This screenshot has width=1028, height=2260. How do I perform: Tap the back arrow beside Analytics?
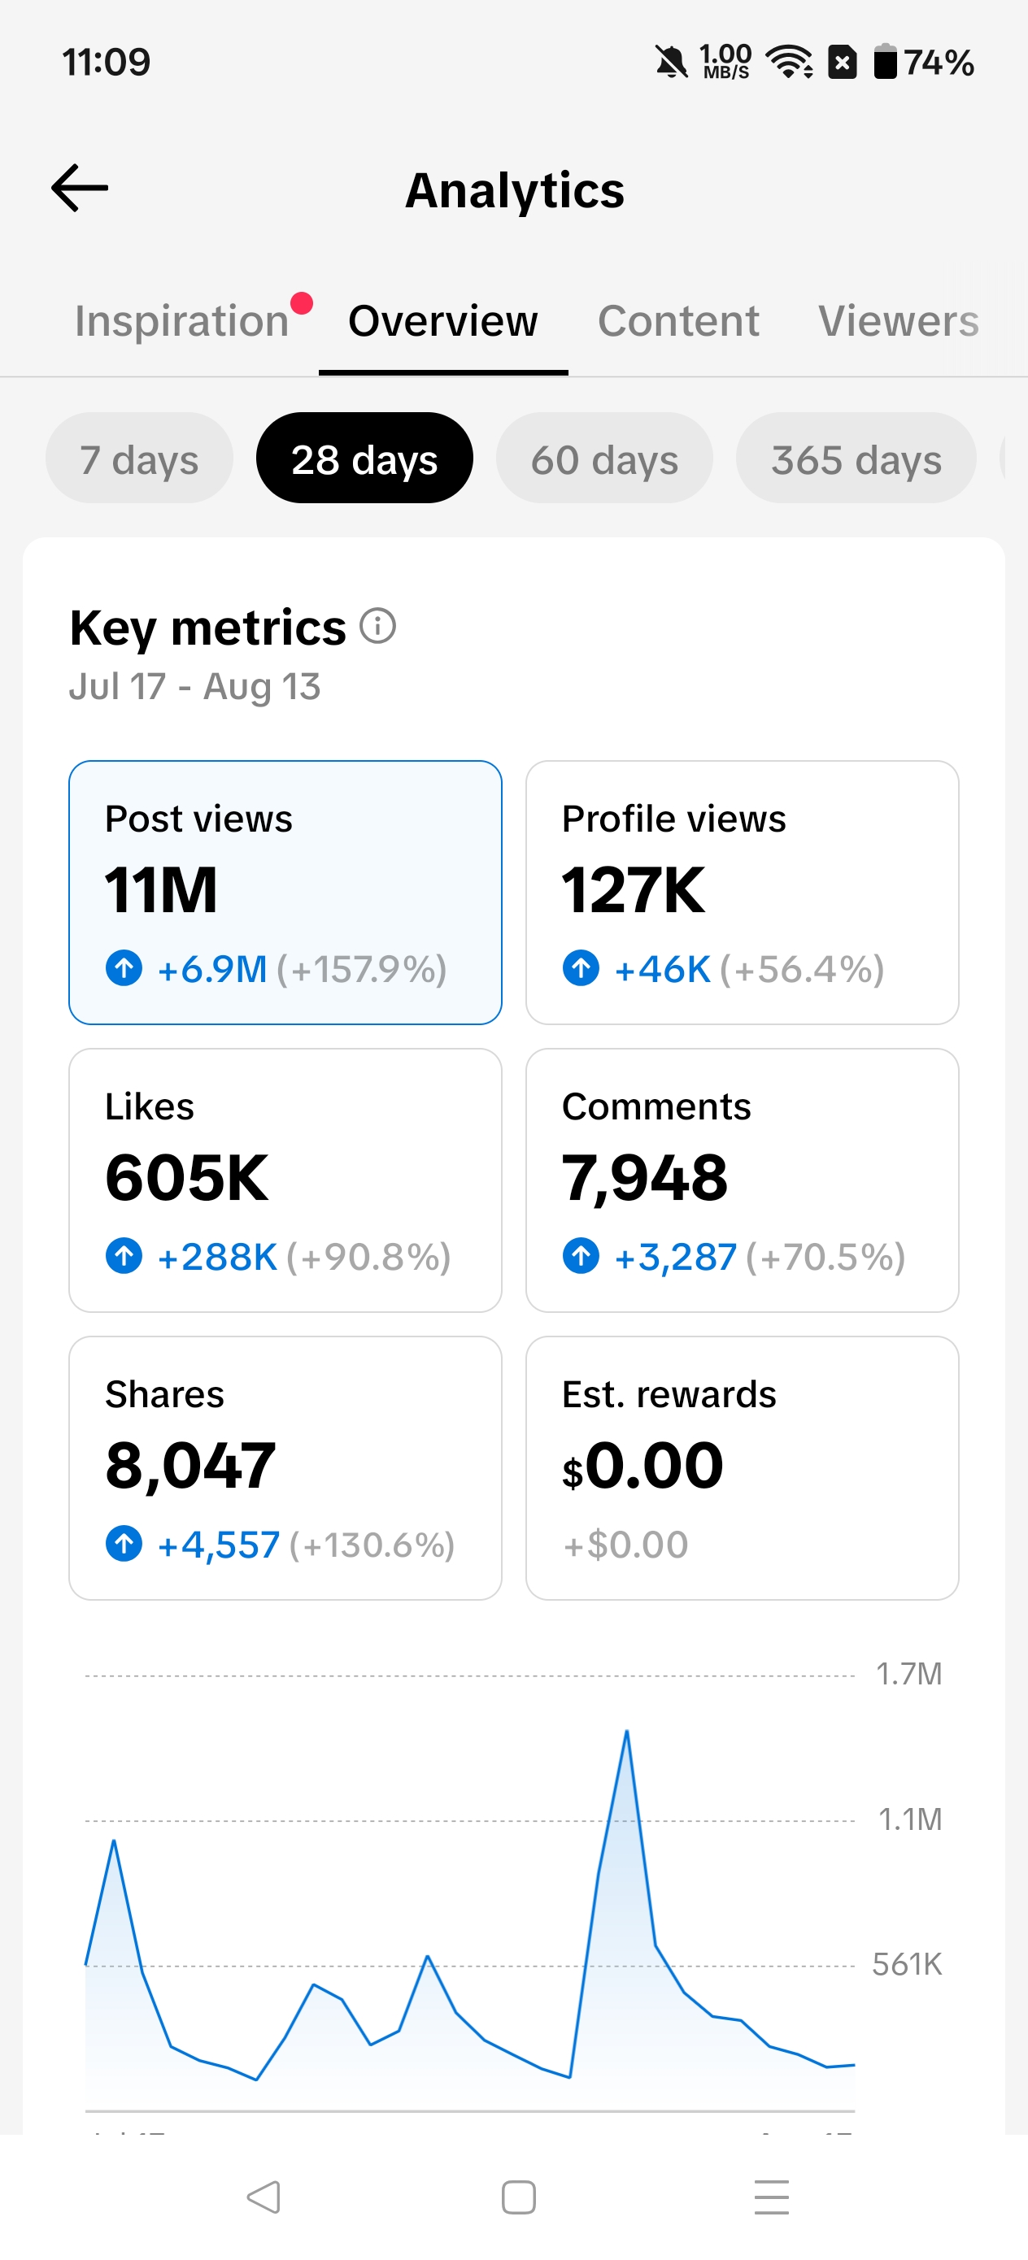point(80,188)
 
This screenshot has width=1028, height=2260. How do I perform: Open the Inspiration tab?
point(181,321)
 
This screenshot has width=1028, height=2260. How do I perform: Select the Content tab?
point(677,321)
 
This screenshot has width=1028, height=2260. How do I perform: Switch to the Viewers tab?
point(898,321)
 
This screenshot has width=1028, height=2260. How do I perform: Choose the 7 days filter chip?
point(140,458)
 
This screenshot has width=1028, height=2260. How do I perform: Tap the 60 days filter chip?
point(604,458)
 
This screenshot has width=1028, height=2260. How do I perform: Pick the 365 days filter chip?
point(856,458)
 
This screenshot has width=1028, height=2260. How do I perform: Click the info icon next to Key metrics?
point(378,627)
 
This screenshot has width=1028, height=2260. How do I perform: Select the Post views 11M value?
point(161,889)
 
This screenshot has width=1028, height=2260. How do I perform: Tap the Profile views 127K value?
point(633,889)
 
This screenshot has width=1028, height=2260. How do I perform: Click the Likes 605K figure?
point(186,1177)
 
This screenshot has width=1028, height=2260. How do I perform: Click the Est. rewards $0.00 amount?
point(642,1466)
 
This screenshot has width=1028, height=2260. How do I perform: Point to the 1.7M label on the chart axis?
point(908,1674)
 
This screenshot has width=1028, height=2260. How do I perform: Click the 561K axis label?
point(907,1963)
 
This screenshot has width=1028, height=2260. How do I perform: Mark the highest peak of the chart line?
point(627,1731)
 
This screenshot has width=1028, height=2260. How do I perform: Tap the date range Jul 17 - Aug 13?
point(195,687)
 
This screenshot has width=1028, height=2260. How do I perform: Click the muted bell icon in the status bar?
point(672,63)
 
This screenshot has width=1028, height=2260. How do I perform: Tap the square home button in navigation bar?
point(519,2197)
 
